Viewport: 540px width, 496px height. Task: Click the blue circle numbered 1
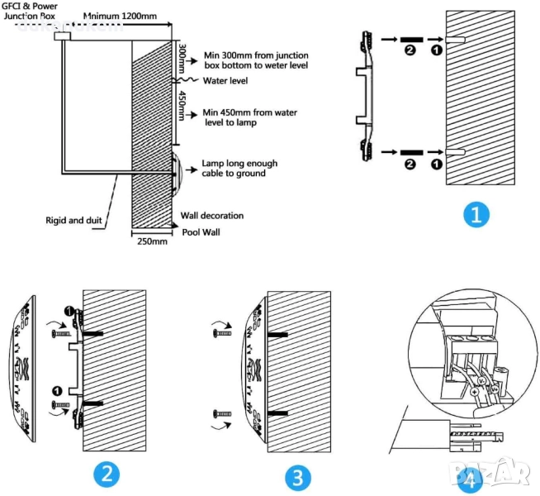coord(476,216)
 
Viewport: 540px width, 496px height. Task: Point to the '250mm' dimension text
coord(151,241)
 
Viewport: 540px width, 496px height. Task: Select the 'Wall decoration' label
coord(212,216)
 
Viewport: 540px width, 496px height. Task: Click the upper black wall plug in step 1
coord(413,39)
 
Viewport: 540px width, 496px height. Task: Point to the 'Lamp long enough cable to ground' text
coord(239,169)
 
